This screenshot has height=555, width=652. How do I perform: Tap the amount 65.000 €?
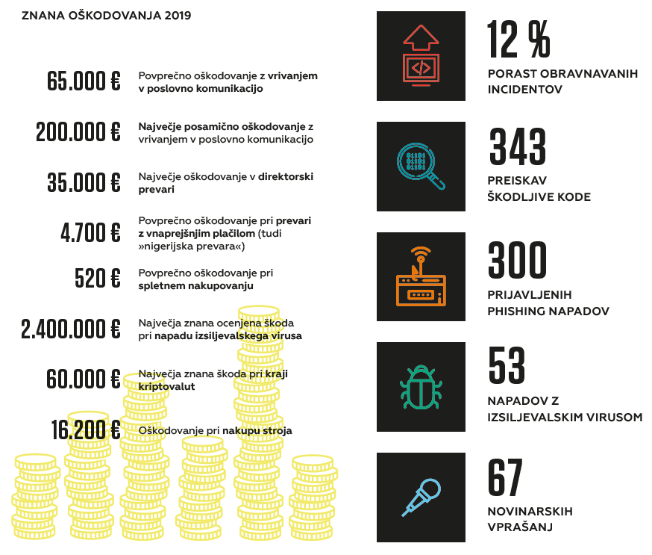(x=84, y=81)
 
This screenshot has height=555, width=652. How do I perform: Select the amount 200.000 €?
(x=78, y=132)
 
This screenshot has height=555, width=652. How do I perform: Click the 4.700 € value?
(x=90, y=233)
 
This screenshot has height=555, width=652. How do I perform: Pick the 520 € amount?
(x=97, y=278)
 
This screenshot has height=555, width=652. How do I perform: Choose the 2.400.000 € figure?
(x=71, y=329)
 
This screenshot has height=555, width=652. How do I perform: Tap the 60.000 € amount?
(x=84, y=379)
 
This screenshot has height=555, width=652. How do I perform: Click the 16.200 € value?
(x=86, y=430)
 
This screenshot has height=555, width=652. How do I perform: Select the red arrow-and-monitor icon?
(x=421, y=56)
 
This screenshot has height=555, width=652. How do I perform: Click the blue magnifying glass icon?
(x=421, y=166)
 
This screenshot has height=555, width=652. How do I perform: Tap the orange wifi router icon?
(x=421, y=276)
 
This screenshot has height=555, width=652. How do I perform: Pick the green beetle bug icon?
(x=421, y=386)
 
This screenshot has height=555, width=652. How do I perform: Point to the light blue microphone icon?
(x=421, y=497)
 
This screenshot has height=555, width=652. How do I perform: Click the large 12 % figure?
(x=519, y=40)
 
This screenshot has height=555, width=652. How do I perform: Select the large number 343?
(x=518, y=147)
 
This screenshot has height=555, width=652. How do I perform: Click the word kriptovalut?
(x=166, y=386)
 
